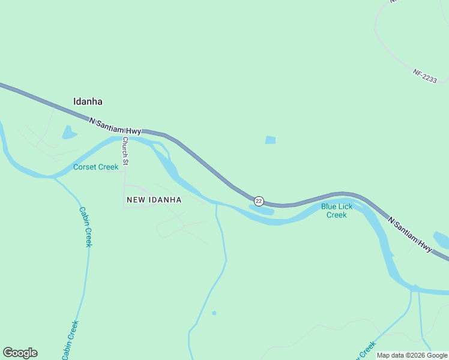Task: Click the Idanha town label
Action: coord(87,101)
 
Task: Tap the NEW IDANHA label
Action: coord(154,199)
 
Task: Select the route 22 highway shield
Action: coord(259,200)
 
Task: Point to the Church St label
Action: coord(125,150)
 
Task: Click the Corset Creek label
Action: coord(95,167)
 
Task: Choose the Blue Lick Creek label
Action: coord(336,211)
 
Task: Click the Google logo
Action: coord(20,353)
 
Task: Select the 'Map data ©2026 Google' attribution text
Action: coord(412,355)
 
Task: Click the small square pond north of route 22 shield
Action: coord(270,140)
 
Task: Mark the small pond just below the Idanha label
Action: coord(69,132)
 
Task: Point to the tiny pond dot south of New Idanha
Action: coord(214,313)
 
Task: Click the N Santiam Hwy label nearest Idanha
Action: coord(115,126)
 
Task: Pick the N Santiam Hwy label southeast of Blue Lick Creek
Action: coord(411,234)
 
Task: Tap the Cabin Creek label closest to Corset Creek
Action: coord(85,227)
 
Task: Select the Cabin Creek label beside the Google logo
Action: coord(70,340)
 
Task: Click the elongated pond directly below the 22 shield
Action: coord(262,210)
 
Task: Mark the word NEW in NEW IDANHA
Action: coord(134,199)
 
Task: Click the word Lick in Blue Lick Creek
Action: coord(345,206)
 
